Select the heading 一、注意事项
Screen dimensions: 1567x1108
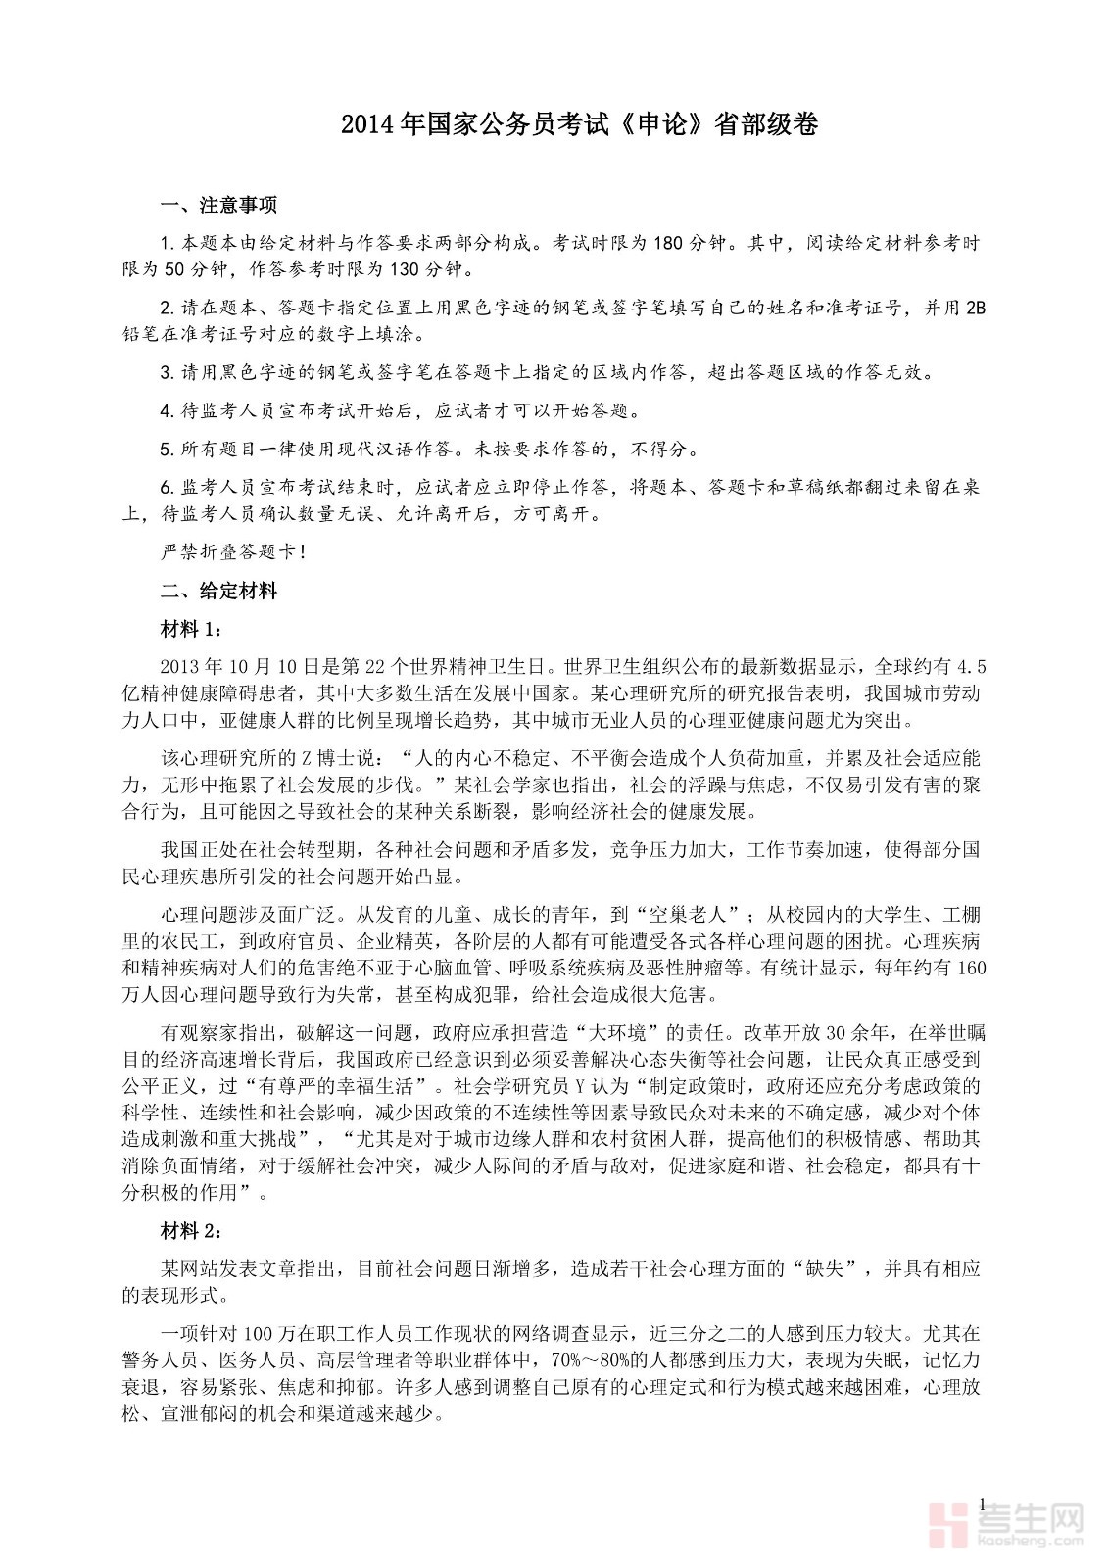click(218, 206)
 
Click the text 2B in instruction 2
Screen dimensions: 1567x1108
click(975, 309)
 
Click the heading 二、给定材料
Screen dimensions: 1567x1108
click(218, 592)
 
